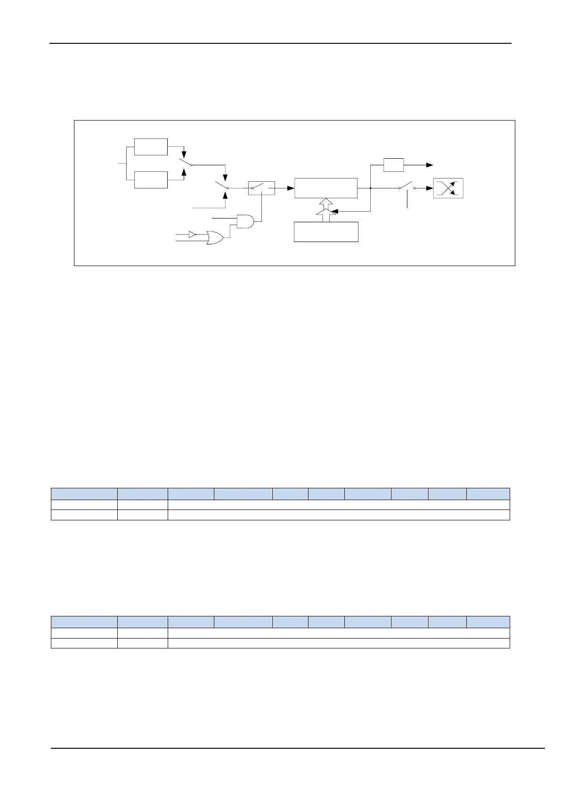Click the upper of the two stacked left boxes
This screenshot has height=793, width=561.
coord(151,147)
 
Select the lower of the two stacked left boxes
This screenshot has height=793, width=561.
coord(151,180)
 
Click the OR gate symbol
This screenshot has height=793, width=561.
coord(214,238)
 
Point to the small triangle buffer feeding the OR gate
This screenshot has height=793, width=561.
coord(192,234)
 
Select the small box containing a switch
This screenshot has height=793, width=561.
coord(261,188)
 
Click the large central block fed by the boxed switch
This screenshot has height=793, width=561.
coord(325,188)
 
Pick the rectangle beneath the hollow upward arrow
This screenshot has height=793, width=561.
coord(326,232)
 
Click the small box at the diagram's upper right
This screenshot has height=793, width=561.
coord(393,165)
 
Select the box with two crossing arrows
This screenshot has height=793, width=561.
coord(448,188)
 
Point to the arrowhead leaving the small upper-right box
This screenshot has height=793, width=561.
coord(430,165)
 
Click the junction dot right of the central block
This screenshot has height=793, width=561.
coord(371,188)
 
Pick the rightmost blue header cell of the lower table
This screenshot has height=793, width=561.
coord(488,622)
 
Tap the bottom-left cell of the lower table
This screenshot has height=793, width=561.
coord(84,643)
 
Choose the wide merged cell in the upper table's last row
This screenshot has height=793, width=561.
coord(339,515)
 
